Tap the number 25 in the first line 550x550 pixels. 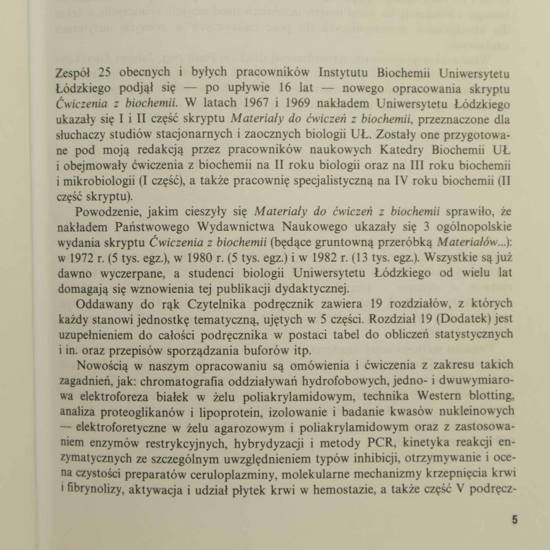pos(106,73)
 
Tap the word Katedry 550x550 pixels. pos(398,150)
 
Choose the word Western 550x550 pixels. pos(439,396)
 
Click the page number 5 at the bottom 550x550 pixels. pos(515,520)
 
